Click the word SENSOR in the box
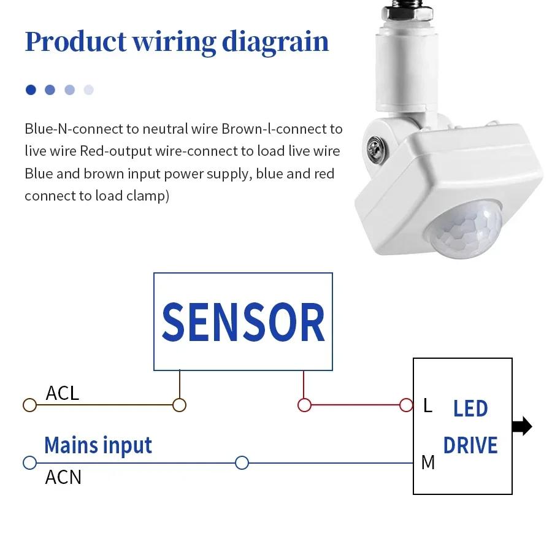(x=243, y=323)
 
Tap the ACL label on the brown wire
(x=63, y=393)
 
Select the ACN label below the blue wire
(x=63, y=477)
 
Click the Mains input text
(x=98, y=445)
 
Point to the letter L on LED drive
(x=427, y=405)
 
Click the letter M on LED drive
(x=428, y=462)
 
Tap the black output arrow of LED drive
(x=522, y=426)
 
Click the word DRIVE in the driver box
(x=470, y=445)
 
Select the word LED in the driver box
(x=470, y=408)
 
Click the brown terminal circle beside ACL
(x=29, y=405)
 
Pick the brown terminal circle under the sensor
(x=179, y=405)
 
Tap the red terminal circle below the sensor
(x=304, y=405)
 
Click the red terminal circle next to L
(x=406, y=405)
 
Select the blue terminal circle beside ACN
(x=29, y=462)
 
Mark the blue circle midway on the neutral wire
(x=242, y=462)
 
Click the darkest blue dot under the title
(x=31, y=90)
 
